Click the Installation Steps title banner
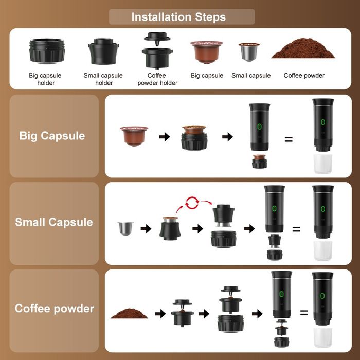(x=178, y=16)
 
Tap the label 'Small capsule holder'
(x=103, y=79)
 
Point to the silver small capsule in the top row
(x=250, y=51)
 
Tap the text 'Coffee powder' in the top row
(x=304, y=76)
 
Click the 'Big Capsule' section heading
(x=52, y=136)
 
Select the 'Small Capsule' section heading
(x=54, y=223)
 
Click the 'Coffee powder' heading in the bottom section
(x=55, y=309)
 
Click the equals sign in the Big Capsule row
(x=289, y=139)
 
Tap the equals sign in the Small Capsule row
(x=296, y=229)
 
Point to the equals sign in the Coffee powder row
(x=304, y=313)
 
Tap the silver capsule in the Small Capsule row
(x=125, y=227)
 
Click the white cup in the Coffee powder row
(x=323, y=337)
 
